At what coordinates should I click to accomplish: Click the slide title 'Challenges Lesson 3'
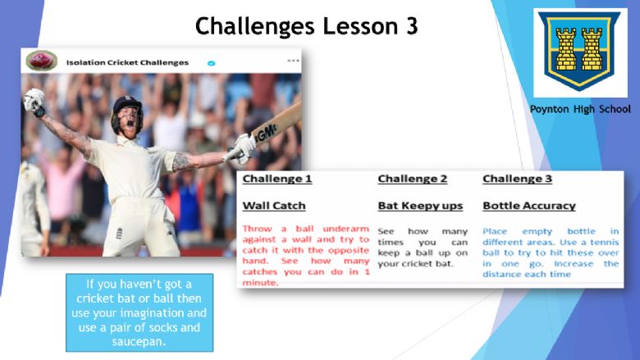[307, 26]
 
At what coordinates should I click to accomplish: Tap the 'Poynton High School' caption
[580, 109]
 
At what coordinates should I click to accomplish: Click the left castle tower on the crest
[566, 49]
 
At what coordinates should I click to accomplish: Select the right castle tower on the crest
[592, 49]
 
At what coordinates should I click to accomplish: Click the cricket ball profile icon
[41, 61]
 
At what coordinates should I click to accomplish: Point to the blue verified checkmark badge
[211, 63]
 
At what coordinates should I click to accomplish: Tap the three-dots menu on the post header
[293, 61]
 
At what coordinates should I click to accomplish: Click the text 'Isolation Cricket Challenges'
[127, 63]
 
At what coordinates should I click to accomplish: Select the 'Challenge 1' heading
[277, 179]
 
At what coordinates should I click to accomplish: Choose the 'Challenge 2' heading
[412, 179]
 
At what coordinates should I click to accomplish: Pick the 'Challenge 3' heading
[517, 179]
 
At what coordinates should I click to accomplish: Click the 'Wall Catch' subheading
[274, 206]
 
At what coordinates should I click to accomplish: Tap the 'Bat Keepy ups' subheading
[420, 206]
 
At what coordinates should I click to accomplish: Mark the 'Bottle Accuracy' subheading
[529, 206]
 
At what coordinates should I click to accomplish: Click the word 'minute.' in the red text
[260, 283]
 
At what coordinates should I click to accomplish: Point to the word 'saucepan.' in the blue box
[139, 342]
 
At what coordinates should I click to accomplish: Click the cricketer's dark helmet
[127, 109]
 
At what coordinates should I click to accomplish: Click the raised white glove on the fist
[34, 102]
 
